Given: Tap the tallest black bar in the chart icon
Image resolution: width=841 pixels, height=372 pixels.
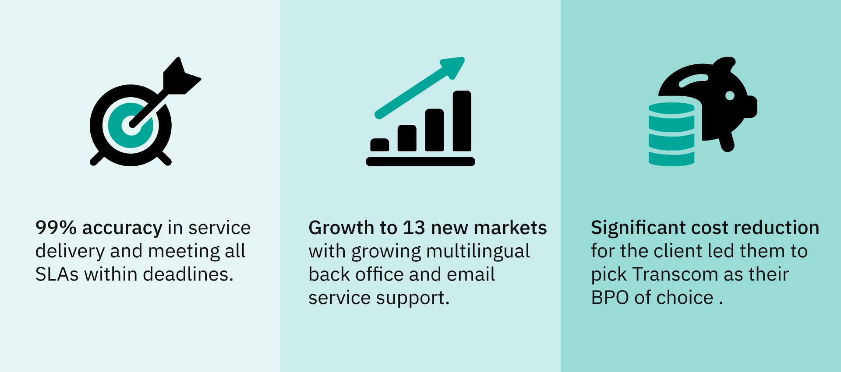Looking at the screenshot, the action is coord(462,121).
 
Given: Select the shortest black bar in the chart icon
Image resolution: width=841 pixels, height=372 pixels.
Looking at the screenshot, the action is coord(380,145).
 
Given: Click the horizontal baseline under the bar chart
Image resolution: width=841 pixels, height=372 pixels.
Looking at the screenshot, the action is coord(420,161).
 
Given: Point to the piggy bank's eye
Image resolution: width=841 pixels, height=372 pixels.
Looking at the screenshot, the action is coord(730,95).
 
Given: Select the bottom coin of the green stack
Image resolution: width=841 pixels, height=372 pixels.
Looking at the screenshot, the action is coord(671,158).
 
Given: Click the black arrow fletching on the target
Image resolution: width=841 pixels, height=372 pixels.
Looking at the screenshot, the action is coord(180,76).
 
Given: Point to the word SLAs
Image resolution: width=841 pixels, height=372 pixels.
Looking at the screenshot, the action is coord(57,274).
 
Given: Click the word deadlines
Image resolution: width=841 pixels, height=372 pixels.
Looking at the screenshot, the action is coord(188,274).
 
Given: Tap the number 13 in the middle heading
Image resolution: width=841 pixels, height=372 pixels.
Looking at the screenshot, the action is coord(414,228).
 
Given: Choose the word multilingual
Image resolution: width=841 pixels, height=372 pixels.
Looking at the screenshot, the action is coord(478,251).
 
